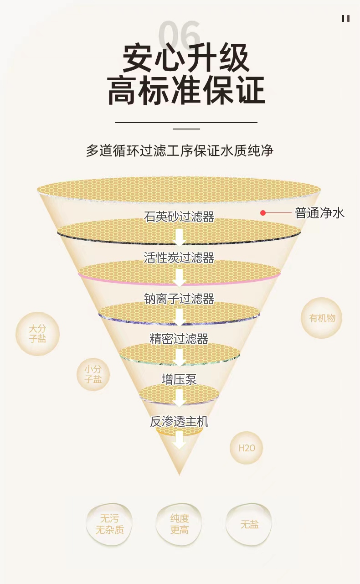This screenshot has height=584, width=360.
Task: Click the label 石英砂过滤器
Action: [x=179, y=217]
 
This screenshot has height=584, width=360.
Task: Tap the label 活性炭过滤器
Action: [x=179, y=258]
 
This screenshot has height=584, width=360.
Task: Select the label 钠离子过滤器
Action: [x=179, y=299]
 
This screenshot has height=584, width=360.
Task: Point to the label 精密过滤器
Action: [x=179, y=339]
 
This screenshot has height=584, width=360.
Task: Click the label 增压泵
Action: [x=179, y=379]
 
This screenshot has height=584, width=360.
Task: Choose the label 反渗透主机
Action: [x=179, y=421]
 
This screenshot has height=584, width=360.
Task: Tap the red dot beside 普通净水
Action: [x=263, y=213]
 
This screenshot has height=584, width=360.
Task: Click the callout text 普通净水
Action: [x=320, y=213]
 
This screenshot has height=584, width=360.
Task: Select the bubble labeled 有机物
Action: [x=322, y=318]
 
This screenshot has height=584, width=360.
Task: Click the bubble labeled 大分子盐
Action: [x=37, y=334]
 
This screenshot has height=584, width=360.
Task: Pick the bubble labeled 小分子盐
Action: [x=93, y=374]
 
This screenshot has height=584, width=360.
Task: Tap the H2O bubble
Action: [x=247, y=448]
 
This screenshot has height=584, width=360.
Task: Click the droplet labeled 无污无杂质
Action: [x=109, y=524]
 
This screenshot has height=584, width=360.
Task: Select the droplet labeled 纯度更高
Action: [x=180, y=524]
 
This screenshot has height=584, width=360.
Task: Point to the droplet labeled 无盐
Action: [x=249, y=524]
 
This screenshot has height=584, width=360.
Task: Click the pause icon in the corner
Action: [x=345, y=18]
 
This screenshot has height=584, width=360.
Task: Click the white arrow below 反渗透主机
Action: [x=179, y=440]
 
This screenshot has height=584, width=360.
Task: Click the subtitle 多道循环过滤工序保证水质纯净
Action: [x=180, y=150]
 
